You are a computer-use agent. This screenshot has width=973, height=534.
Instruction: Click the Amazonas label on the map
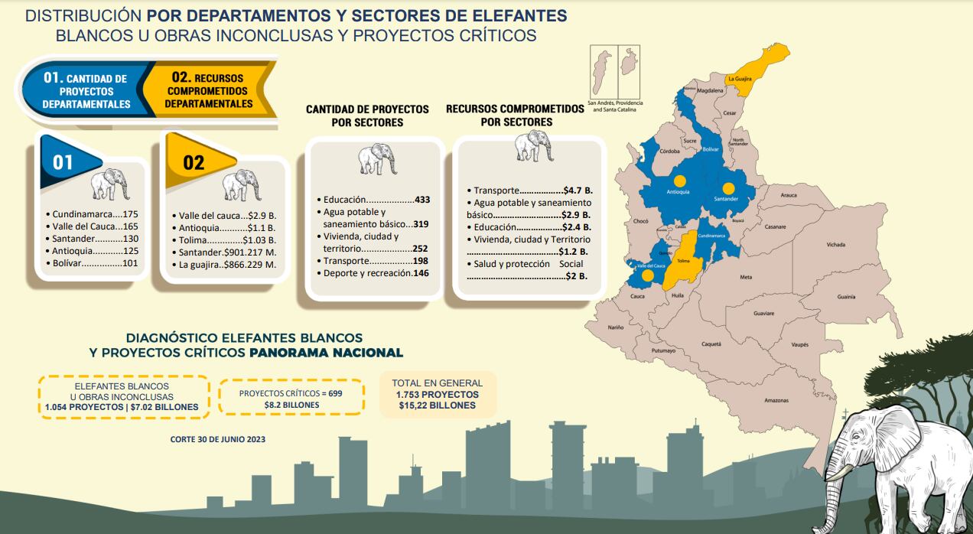click(776, 400)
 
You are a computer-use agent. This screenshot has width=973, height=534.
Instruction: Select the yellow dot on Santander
click(727, 187)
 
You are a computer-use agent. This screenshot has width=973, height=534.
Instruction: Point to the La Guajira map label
click(740, 79)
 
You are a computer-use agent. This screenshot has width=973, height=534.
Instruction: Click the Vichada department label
click(835, 245)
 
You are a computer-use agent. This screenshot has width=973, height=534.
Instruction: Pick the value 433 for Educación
click(422, 200)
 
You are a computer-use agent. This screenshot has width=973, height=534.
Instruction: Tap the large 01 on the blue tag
click(63, 162)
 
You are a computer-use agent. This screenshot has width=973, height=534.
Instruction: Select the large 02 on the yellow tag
click(194, 162)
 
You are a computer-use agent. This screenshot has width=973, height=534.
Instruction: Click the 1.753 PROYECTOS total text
click(437, 394)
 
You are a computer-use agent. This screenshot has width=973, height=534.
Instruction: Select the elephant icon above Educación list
click(377, 159)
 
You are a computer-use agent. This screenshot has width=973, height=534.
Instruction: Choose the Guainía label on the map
click(845, 297)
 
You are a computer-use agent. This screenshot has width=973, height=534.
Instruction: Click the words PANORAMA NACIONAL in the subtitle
click(326, 353)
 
